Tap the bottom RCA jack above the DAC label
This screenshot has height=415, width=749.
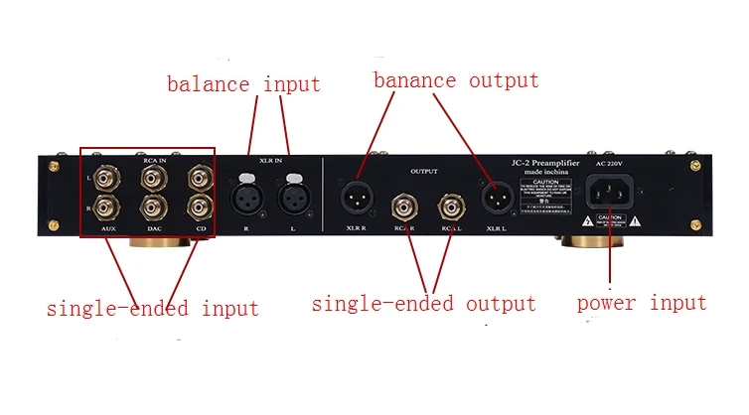[x=154, y=207]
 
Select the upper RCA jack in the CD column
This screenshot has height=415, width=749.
[x=199, y=178]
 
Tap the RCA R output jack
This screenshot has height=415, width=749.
[x=404, y=207]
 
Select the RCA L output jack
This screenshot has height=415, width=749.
[x=452, y=207]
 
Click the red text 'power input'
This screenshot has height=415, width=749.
[x=642, y=303]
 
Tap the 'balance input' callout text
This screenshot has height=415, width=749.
[x=243, y=83]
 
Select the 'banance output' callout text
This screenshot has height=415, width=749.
[x=456, y=80]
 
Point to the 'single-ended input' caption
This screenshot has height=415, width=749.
[x=152, y=308]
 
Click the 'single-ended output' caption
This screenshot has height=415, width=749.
[x=424, y=304]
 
